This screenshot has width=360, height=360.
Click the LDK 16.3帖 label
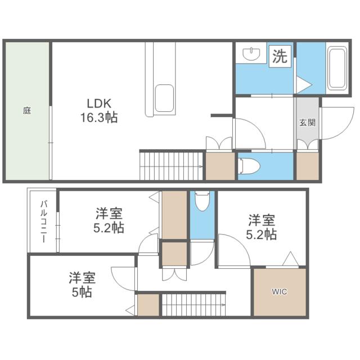[101, 111]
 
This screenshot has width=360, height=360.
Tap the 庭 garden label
[27, 111]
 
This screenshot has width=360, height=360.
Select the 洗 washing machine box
[280, 56]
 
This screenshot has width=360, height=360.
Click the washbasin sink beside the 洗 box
[251, 54]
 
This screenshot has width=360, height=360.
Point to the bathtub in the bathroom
[338, 69]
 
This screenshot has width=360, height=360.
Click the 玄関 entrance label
[307, 123]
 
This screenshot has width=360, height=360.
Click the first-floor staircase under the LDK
[171, 165]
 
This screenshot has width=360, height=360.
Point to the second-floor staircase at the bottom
[193, 304]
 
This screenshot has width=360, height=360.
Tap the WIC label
[279, 292]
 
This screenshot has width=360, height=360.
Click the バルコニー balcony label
[43, 221]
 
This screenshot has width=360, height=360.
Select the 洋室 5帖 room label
[82, 285]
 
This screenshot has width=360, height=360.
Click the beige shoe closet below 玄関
[307, 166]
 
